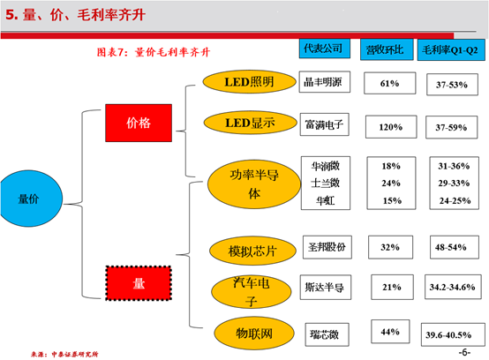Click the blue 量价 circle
pos(31,199)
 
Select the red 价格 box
pos(139,123)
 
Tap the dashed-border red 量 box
pos(139,283)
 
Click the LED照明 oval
pos(249,82)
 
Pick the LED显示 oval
pos(250,123)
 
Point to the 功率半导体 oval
pos(254,184)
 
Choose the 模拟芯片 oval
pos(252,251)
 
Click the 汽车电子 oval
pos(252,292)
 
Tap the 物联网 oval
pos(254,334)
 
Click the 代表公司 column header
pos(324,49)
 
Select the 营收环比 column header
pos(387,49)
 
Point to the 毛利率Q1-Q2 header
pos(451,50)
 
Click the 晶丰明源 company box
pos(324,82)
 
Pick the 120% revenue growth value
pos(391,127)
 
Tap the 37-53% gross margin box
pos(452,85)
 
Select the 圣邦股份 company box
pos(327,247)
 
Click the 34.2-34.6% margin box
pos(453,287)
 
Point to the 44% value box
pos(390,332)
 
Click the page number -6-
pos(464,352)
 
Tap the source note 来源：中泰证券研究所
pos(64,354)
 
